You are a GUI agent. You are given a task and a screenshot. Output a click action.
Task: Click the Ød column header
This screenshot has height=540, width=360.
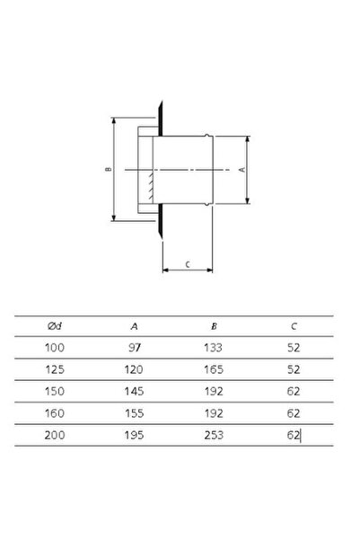[55, 326]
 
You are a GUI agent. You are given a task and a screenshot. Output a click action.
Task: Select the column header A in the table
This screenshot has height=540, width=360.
[135, 326]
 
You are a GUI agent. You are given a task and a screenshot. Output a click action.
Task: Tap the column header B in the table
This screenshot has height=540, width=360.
[214, 326]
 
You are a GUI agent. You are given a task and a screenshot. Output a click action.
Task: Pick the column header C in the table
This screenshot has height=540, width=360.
[294, 326]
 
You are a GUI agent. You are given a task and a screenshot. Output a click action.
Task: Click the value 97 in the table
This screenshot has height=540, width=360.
[135, 348]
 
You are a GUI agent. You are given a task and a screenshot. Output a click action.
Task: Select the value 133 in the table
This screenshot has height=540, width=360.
[214, 348]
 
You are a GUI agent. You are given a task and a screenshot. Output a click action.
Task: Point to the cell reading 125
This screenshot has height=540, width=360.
[55, 369]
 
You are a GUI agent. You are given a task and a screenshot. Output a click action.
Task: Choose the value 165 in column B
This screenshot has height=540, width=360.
[214, 369]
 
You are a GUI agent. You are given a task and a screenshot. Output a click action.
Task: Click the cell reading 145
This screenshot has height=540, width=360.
[134, 391]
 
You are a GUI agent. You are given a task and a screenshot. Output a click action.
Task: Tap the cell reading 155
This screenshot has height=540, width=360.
[135, 413]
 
